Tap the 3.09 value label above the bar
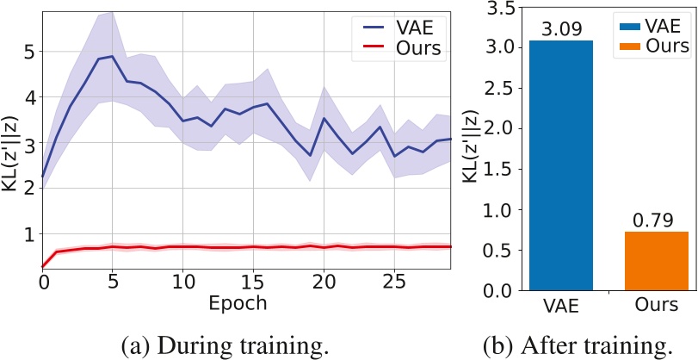pyautogui.click(x=561, y=29)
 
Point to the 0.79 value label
pyautogui.click(x=657, y=220)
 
